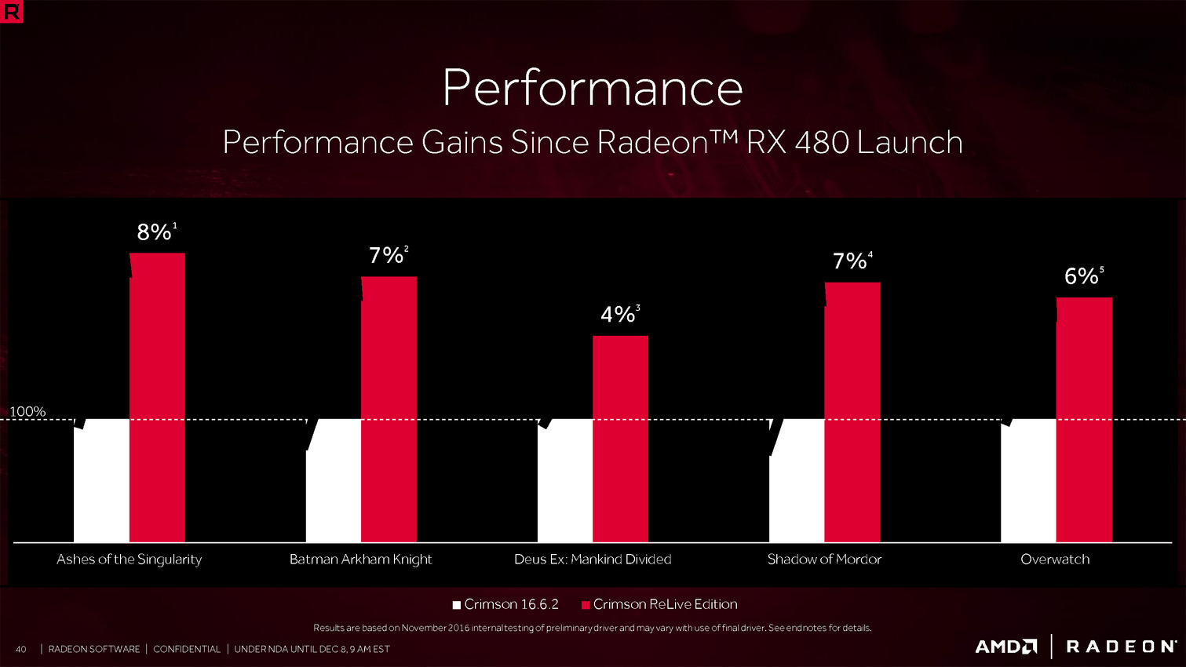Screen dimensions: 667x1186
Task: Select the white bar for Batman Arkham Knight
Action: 334,480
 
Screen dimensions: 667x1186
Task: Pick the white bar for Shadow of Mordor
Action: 797,480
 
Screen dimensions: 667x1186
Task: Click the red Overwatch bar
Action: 1084,419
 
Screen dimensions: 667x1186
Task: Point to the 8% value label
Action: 155,232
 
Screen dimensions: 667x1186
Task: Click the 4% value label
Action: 618,315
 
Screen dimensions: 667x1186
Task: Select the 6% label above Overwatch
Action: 1082,276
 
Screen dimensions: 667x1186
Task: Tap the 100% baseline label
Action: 27,411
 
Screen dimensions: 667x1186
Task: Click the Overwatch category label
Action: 1055,559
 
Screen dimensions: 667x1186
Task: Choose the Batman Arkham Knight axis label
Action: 361,559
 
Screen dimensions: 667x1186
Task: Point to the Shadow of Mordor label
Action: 824,559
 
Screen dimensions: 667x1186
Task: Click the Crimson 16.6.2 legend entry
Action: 506,604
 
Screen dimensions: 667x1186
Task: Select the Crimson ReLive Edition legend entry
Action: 659,604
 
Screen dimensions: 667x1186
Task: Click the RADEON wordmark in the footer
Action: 1121,647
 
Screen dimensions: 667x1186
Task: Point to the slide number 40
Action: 21,649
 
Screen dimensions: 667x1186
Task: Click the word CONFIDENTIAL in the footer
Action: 187,649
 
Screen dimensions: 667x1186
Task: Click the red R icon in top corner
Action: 12,12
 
